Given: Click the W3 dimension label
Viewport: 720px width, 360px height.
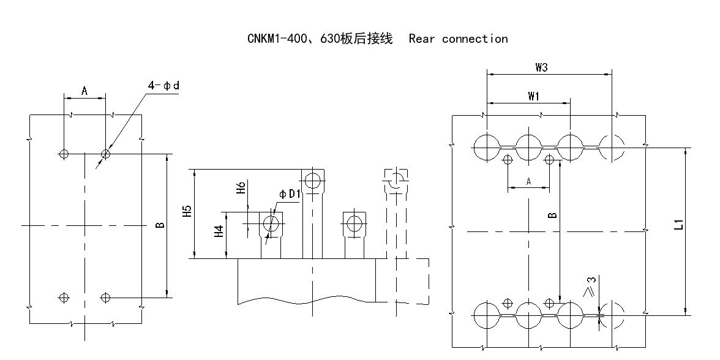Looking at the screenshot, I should pos(541,67).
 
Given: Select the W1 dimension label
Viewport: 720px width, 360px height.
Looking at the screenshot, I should pos(533,96).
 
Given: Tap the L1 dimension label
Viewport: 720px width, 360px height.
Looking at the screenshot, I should pos(678,225).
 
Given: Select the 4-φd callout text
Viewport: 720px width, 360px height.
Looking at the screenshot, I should pos(163,86).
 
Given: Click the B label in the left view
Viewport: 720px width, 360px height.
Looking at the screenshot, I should pos(160,225).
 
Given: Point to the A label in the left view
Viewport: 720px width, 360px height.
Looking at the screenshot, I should pos(84,91).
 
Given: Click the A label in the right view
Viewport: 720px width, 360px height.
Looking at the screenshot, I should pos(528,182).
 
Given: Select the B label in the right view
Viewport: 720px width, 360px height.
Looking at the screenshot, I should pos(552,215).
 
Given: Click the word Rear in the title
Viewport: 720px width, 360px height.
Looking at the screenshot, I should pos(422,39).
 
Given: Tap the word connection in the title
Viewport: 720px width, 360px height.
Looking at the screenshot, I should pos(474,39).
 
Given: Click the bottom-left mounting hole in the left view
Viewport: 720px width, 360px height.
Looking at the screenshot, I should pos(64,298).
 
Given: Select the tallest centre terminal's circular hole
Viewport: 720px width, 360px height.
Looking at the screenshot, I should pos(313,181).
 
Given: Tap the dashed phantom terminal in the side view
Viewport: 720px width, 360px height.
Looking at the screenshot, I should pos(396,181).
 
